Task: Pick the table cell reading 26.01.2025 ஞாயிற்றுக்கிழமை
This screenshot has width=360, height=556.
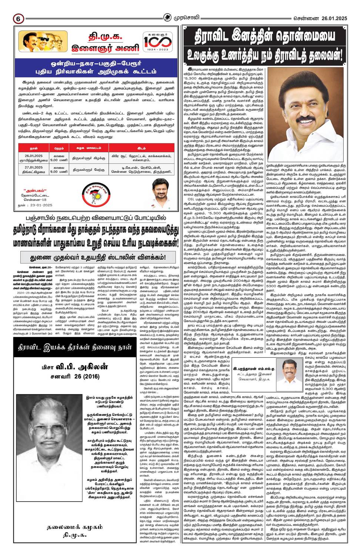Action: pyautogui.click(x=34, y=158)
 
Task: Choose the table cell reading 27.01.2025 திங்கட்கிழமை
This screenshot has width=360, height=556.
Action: pyautogui.click(x=34, y=169)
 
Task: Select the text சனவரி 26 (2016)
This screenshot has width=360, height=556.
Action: pyautogui.click(x=75, y=377)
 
